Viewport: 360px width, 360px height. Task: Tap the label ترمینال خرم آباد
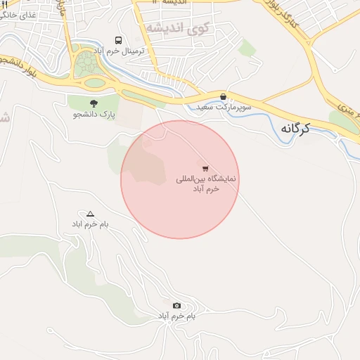pos(120,52)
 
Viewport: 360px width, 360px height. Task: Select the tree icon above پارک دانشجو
pos(94,103)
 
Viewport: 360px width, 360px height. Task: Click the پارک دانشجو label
pos(94,113)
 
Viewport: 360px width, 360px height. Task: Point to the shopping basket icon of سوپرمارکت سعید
pos(223,96)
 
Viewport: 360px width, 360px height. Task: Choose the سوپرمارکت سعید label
pos(224,107)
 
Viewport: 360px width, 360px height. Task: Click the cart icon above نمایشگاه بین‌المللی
pos(205,168)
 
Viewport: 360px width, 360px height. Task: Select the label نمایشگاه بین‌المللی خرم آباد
pos(207,184)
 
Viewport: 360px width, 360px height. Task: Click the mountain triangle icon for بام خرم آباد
pos(90,213)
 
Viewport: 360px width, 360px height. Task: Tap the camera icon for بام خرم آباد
pos(176,305)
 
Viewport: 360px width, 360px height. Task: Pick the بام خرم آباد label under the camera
pos(176,316)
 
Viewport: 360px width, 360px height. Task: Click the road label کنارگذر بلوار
pos(284,18)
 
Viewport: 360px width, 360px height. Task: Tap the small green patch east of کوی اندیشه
pos(247,48)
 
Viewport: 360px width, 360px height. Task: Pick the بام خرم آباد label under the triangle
pos(89,224)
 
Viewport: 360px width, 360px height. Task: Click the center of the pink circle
pos(180,179)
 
